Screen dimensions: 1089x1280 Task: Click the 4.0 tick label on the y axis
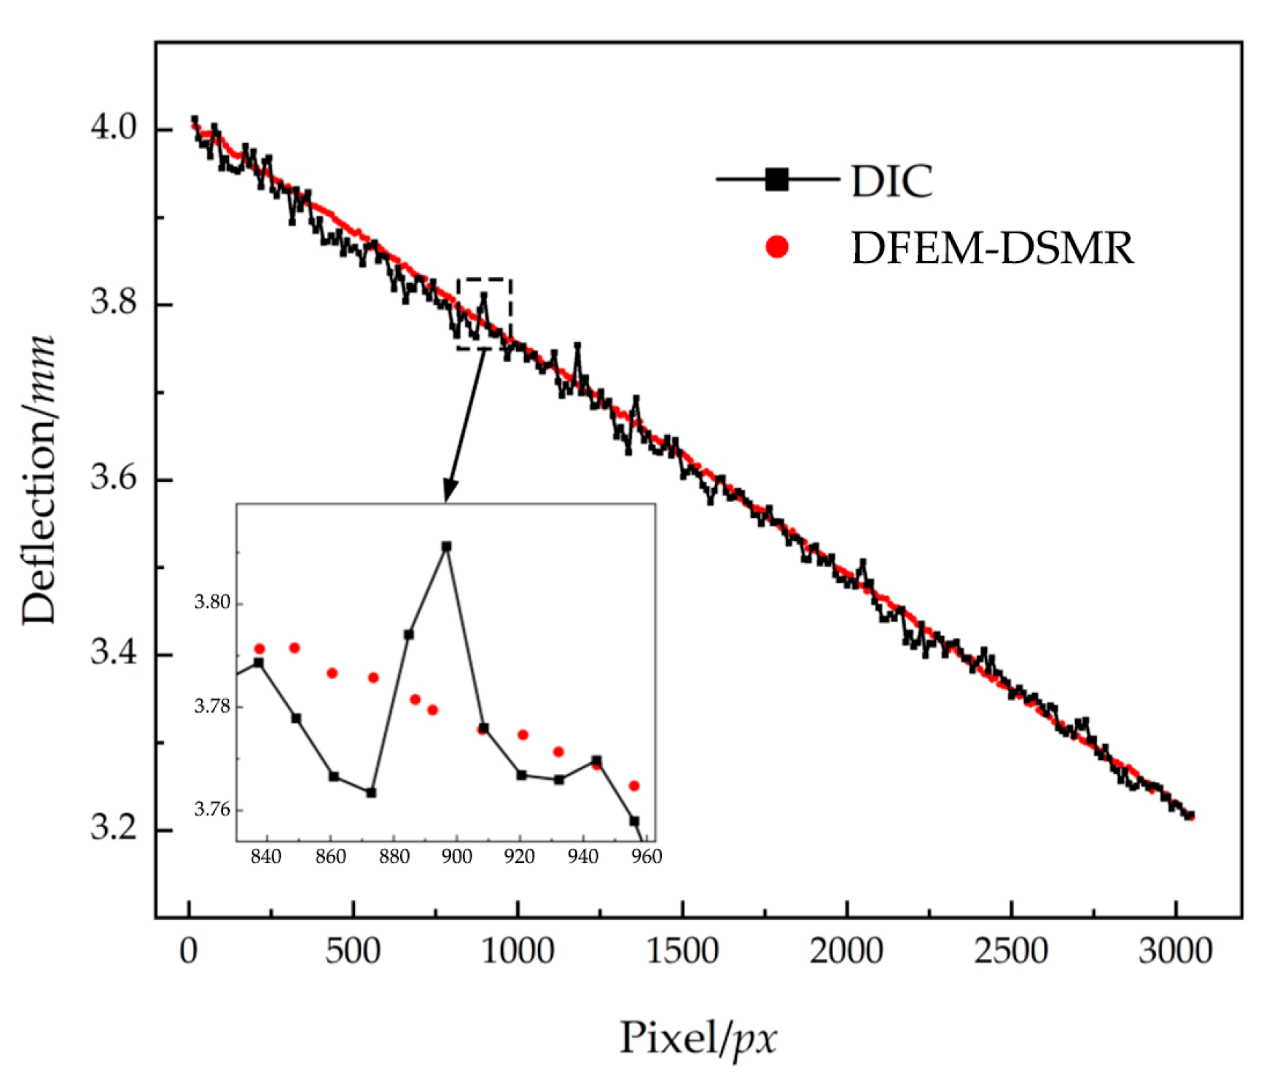(x=113, y=128)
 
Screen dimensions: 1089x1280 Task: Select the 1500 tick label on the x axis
(x=682, y=951)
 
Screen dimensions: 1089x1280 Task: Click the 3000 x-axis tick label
(x=1175, y=951)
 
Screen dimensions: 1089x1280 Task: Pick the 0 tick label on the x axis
(x=189, y=951)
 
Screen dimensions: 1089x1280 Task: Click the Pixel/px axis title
(x=698, y=1038)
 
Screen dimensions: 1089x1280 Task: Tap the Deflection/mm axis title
(x=38, y=480)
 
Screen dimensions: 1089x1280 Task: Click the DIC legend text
(x=891, y=181)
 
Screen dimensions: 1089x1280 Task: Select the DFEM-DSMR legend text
(x=992, y=248)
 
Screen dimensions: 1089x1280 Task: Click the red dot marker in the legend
(x=777, y=247)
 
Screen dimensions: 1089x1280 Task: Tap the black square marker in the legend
(x=777, y=179)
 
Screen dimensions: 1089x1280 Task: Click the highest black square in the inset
(x=447, y=546)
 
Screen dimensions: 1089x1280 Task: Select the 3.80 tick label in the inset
(x=211, y=602)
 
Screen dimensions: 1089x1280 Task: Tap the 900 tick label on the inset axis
(x=456, y=856)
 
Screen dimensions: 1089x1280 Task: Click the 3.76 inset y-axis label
(x=211, y=810)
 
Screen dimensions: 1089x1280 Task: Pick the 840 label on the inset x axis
(x=265, y=856)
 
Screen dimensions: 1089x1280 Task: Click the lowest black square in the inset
(x=634, y=821)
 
